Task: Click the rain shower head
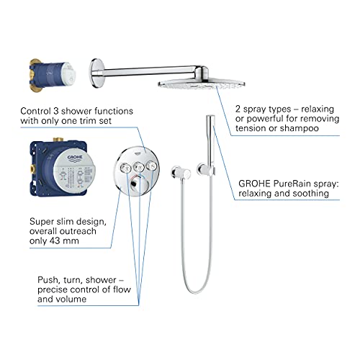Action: [x=201, y=84]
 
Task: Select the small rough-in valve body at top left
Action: [x=53, y=75]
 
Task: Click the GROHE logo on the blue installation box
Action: [x=75, y=158]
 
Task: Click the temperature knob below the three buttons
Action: [x=139, y=184]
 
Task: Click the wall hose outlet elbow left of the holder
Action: [x=181, y=173]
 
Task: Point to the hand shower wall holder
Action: [x=206, y=169]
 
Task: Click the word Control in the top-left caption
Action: [x=36, y=111]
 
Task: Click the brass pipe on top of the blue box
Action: [x=58, y=140]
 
